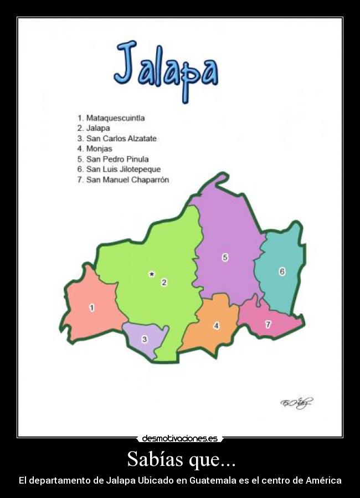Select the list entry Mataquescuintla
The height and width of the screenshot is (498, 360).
(115, 118)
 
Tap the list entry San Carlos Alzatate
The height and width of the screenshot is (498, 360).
(121, 138)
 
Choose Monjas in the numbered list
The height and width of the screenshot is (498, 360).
(99, 148)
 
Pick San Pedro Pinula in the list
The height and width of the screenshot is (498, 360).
(117, 159)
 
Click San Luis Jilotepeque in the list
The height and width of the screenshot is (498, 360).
(123, 169)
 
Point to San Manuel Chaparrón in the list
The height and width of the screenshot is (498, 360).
(127, 179)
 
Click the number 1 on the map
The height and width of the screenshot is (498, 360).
(92, 307)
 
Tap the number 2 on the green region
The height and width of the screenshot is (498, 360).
(164, 283)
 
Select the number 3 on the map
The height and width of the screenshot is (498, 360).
(145, 339)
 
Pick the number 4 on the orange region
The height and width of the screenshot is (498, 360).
(216, 326)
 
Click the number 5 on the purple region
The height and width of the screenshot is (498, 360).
(225, 257)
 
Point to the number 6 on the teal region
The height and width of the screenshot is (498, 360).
(282, 271)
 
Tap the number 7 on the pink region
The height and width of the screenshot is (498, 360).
(268, 325)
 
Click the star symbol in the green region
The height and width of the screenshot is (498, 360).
(151, 274)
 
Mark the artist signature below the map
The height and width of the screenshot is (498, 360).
(296, 403)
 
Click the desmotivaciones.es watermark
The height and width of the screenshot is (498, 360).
(179, 439)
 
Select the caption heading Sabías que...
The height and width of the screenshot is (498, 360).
(180, 459)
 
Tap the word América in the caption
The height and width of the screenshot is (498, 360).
(323, 480)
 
